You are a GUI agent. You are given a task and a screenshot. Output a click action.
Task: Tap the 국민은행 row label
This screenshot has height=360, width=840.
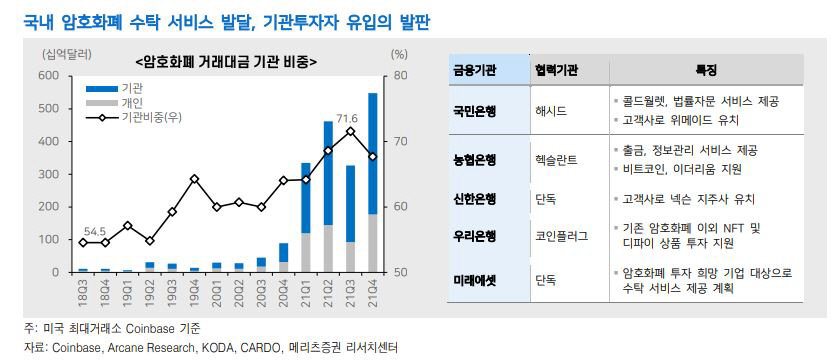[475, 110]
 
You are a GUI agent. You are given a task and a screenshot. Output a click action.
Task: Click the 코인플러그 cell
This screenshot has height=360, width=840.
[561, 236]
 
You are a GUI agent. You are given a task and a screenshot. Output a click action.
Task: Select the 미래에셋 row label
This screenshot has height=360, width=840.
[475, 281]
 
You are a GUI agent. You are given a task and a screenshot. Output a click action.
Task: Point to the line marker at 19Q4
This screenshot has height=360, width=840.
[195, 179]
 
